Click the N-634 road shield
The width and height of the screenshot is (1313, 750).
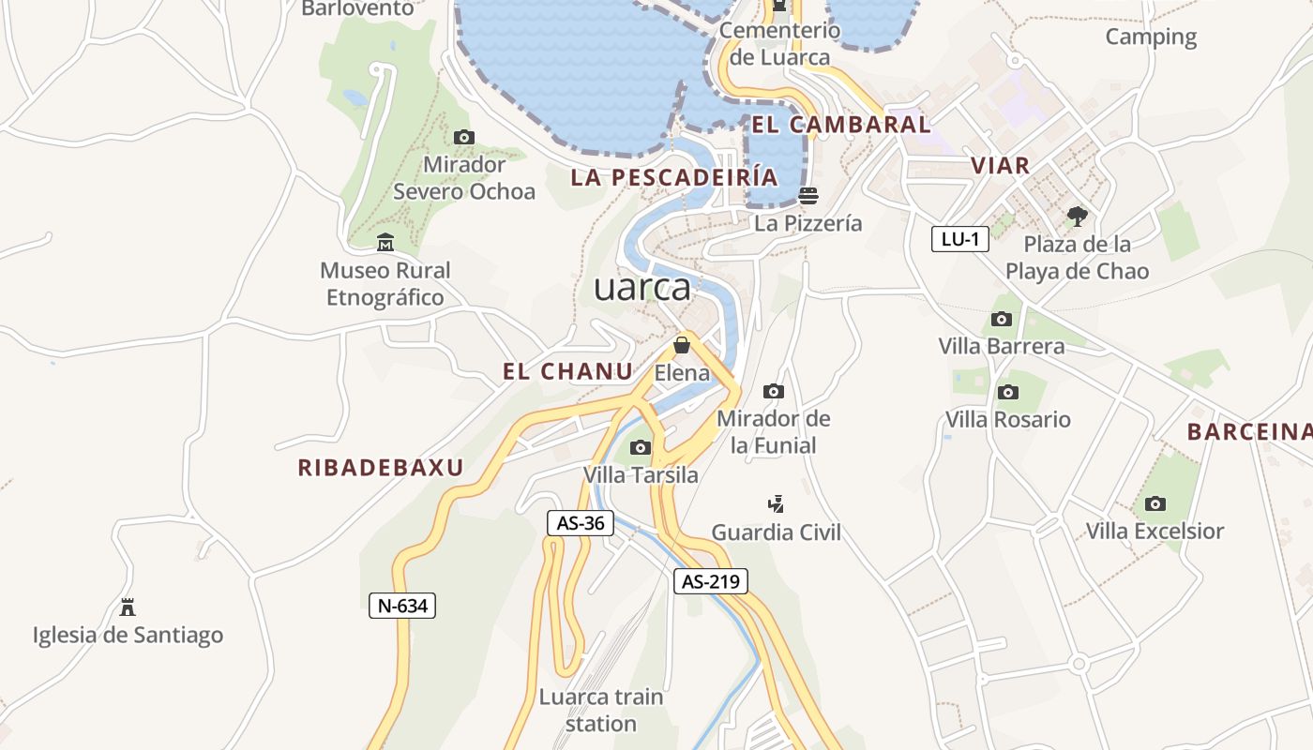click(x=401, y=606)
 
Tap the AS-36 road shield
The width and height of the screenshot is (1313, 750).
click(x=581, y=523)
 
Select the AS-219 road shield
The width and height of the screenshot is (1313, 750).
click(x=711, y=581)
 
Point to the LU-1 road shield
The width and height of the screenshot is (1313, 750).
click(x=960, y=239)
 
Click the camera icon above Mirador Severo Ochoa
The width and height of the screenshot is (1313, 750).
click(x=463, y=138)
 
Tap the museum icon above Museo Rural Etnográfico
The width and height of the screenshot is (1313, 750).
click(x=385, y=244)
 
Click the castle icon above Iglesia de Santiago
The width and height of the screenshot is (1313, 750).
click(x=128, y=607)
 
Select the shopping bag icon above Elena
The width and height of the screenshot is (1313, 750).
click(x=682, y=345)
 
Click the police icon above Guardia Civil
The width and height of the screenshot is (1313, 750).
click(x=776, y=504)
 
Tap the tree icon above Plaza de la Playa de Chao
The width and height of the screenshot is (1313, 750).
click(x=1077, y=217)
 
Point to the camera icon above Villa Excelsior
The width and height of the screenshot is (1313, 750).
click(x=1155, y=504)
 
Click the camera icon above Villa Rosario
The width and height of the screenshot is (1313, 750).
click(x=1008, y=392)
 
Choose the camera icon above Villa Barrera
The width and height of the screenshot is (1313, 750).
click(x=1002, y=319)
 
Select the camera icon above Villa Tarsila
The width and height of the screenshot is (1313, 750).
click(x=641, y=447)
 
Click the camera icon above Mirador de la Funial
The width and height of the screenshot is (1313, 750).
click(x=774, y=391)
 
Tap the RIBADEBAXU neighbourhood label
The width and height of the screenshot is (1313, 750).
click(x=381, y=468)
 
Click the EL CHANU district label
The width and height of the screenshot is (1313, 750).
click(x=568, y=371)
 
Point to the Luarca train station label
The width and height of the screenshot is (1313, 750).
click(x=601, y=711)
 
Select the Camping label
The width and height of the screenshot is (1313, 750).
click(x=1151, y=37)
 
